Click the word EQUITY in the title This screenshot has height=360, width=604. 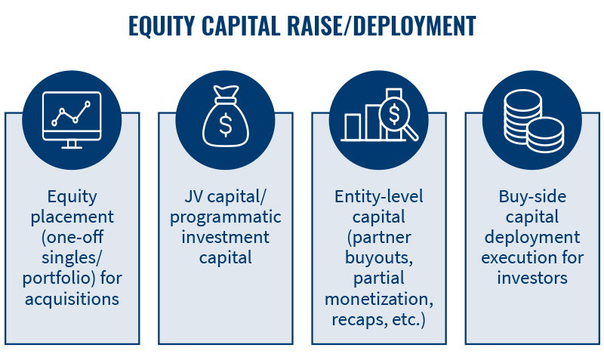coord(162,26)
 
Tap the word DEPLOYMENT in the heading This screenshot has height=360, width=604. coord(414,26)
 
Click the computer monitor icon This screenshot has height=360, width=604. coord(72,120)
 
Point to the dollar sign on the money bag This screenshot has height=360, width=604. coord(225,125)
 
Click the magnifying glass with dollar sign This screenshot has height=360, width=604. coord(397,117)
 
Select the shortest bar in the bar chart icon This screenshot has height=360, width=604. coord(353,127)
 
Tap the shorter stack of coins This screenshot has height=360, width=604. coord(545,135)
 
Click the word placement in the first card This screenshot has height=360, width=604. coord(72,217)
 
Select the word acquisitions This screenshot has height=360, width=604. coord(72,299)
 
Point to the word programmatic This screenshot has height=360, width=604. coord(225,217)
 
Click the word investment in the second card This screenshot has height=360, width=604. coord(225,237)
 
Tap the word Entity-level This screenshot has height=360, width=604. coord(379,197)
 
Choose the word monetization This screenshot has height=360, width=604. coord(379,299)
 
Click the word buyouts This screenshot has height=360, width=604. coord(379,257)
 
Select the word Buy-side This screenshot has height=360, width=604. coord(532,197)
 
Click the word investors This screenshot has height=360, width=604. coord(532,278)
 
